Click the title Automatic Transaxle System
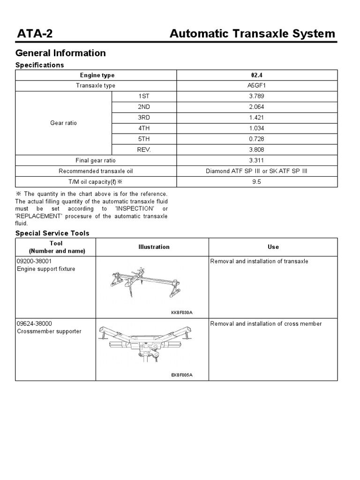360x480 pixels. pos(252,34)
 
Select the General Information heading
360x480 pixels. pos(61,53)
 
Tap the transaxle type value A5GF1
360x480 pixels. pos(256,86)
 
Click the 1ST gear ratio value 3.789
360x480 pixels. pos(256,96)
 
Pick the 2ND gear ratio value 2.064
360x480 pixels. pos(256,107)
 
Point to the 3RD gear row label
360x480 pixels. pos(144,118)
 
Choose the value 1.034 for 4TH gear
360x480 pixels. pos(256,128)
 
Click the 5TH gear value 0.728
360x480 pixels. pos(256,139)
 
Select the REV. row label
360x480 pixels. pos(144,150)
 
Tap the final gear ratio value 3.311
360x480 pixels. pos(256,161)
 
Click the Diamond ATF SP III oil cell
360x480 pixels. pos(256,172)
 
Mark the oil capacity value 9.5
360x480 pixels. pos(256,182)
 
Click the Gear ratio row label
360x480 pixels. pos(63,123)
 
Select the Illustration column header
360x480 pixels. pos(154,247)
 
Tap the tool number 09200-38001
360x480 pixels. pos(34,262)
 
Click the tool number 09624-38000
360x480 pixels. pos(34,324)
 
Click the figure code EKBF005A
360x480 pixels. pos(182,375)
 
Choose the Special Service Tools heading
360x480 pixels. pos(52,233)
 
